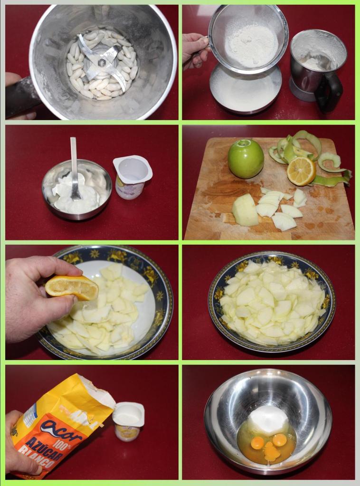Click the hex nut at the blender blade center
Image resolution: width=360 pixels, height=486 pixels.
coord(101,63)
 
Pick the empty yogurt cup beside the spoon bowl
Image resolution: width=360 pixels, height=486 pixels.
coord(132,176)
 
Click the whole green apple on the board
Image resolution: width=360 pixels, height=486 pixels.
coord(246,159)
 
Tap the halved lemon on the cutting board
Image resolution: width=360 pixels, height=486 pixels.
coord(301,171)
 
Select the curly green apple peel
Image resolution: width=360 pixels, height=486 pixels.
coord(309,152)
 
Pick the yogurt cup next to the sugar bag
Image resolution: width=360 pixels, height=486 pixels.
coord(128,420)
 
